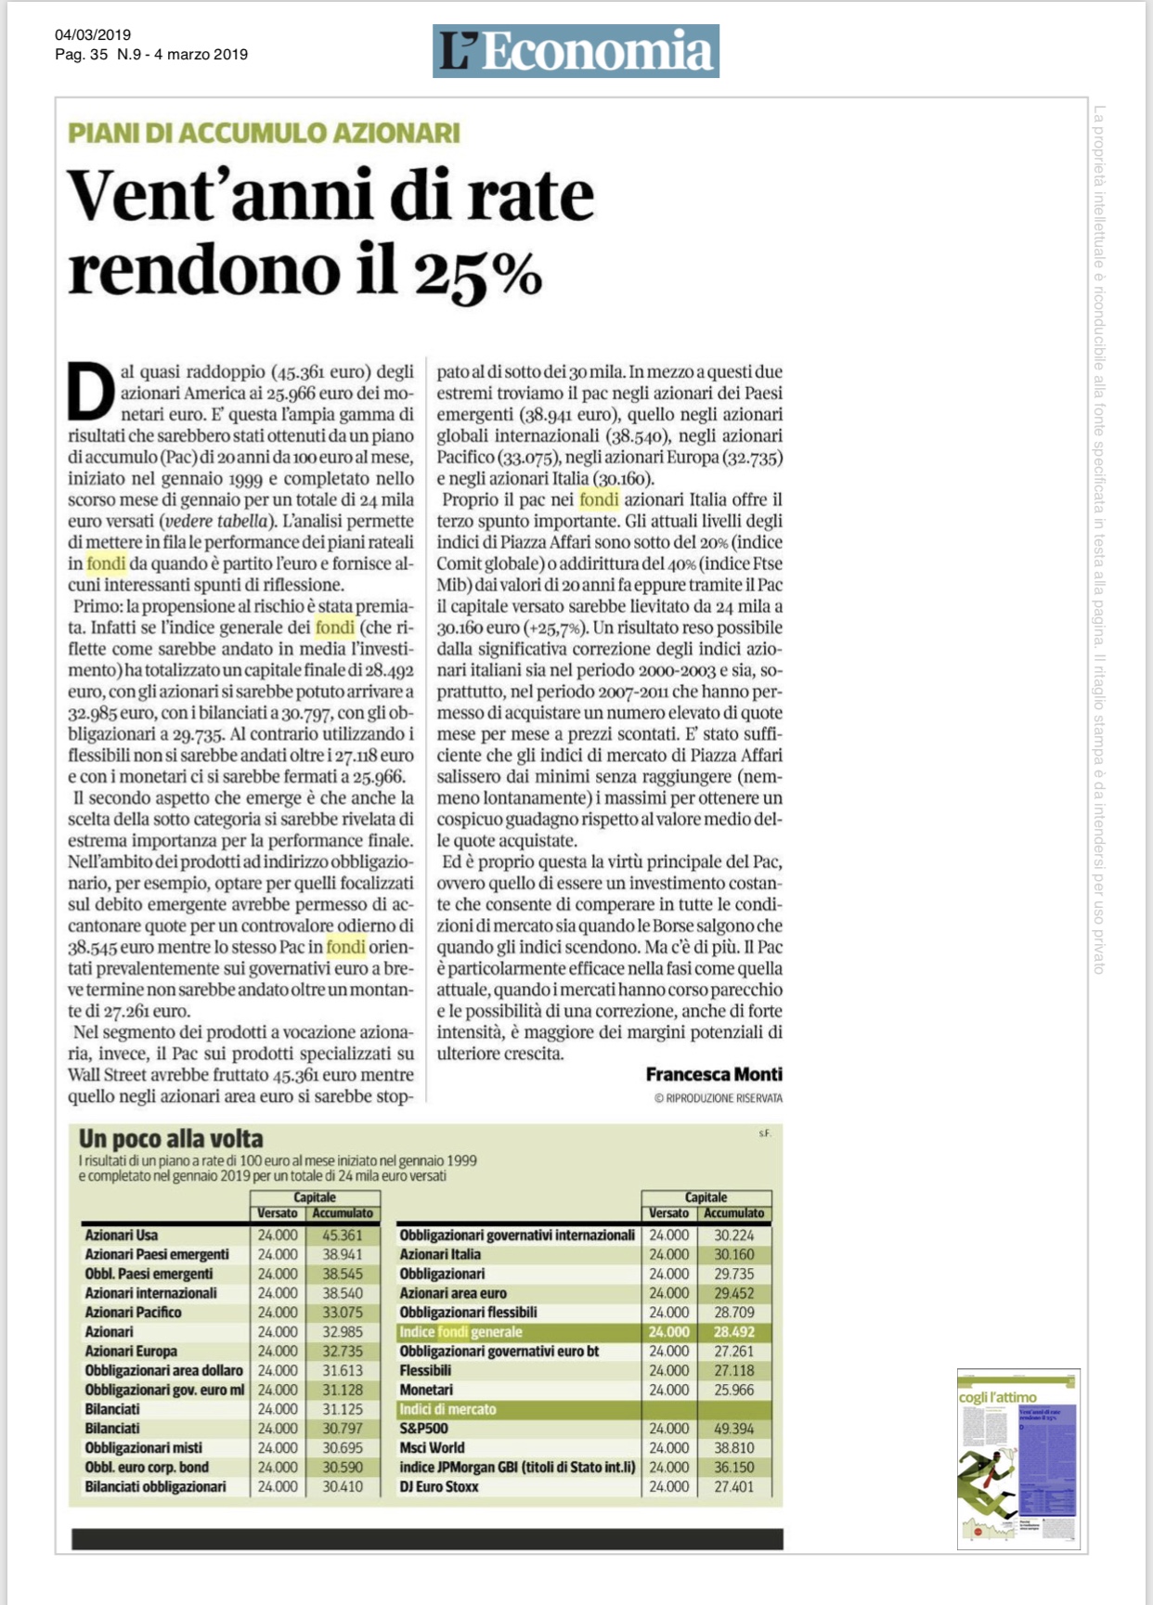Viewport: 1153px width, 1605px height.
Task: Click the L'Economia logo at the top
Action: point(576,51)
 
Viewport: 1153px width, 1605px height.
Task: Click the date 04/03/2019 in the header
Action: point(93,35)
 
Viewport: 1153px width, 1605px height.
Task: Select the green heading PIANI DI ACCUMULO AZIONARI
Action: point(264,133)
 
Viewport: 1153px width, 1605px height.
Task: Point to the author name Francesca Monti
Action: point(714,1074)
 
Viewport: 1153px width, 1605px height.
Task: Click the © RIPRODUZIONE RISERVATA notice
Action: point(719,1098)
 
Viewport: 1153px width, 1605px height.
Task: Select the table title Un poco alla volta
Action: point(171,1139)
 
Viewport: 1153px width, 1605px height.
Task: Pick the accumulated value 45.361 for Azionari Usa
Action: point(343,1236)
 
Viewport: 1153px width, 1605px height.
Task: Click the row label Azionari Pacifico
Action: point(133,1313)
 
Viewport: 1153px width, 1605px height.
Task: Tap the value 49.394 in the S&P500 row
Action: point(733,1429)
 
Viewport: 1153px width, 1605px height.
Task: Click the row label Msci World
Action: point(432,1448)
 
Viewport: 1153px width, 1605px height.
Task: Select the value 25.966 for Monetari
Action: point(733,1390)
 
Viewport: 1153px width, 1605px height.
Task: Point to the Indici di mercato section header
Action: point(447,1409)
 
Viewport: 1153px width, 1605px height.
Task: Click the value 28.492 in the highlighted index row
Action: point(733,1332)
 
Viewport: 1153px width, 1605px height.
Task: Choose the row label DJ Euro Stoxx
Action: point(439,1486)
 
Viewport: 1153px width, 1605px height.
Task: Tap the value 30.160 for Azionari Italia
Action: point(733,1255)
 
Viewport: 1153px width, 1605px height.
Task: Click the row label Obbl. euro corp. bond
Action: point(147,1467)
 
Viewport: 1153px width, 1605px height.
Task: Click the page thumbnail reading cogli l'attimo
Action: point(1018,1458)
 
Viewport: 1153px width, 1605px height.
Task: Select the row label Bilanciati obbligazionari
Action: point(155,1486)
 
